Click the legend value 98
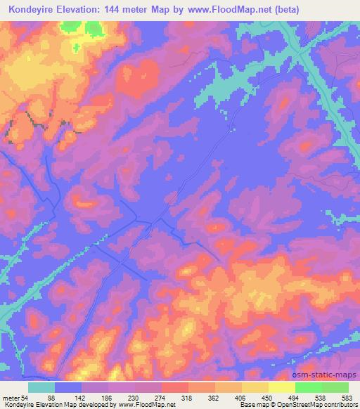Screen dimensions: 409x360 70,397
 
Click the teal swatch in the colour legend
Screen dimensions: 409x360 41,387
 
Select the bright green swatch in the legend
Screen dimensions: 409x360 309,387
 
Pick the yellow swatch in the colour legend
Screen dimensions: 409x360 282,387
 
